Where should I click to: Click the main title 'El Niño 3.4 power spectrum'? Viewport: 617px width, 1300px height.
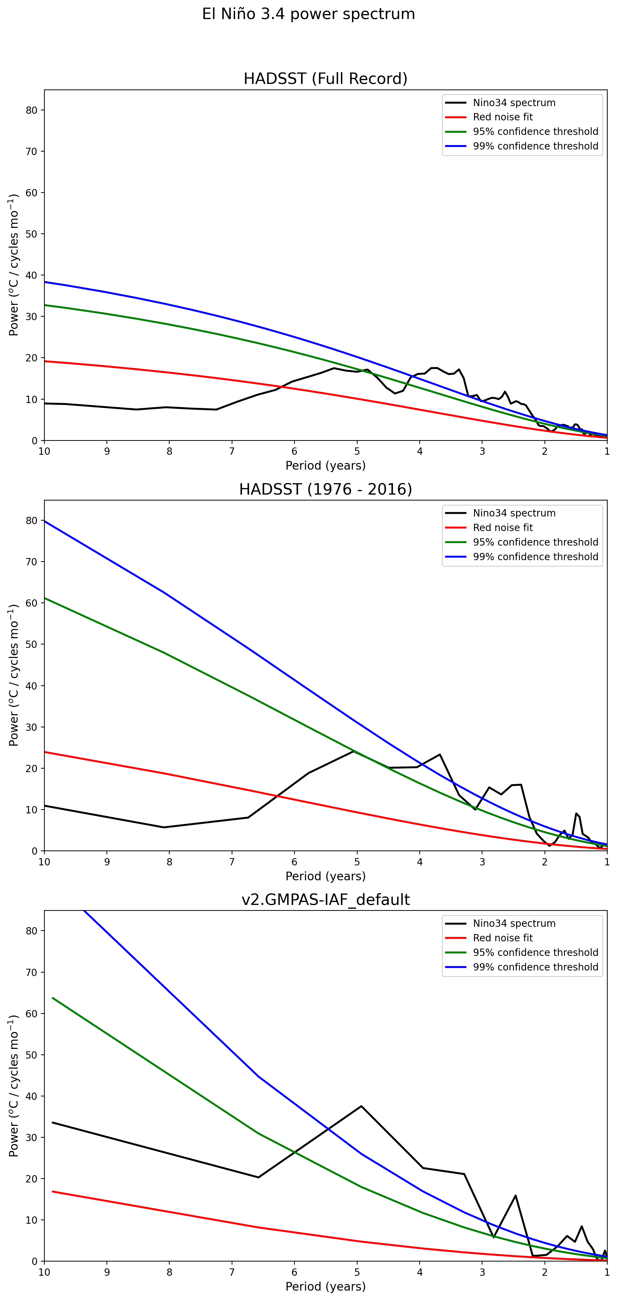[x=308, y=14]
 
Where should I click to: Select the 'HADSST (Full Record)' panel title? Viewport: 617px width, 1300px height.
[x=325, y=79]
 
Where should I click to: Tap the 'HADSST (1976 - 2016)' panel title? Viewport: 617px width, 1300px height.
[x=325, y=489]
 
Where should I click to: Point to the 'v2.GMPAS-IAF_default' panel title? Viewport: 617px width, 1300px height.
[x=325, y=899]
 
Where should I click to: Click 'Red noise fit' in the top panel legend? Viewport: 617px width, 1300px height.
[x=503, y=117]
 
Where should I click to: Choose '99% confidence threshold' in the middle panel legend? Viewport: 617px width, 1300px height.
[x=535, y=557]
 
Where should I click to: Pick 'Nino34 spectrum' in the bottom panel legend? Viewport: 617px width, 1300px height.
[x=514, y=924]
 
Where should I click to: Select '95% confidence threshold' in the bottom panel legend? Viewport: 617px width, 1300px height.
[x=535, y=952]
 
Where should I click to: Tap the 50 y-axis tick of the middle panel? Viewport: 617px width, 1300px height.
[x=32, y=644]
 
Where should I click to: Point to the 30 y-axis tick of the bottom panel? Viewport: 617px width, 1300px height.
[x=32, y=1138]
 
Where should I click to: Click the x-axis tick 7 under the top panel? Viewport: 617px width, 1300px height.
[x=232, y=451]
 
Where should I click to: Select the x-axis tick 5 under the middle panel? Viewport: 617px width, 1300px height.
[x=357, y=862]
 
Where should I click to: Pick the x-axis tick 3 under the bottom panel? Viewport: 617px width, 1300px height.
[x=482, y=1272]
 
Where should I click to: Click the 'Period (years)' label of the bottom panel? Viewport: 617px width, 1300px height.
[x=325, y=1286]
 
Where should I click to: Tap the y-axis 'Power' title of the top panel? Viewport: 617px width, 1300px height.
[x=14, y=265]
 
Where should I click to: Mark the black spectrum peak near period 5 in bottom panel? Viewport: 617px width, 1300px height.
[x=361, y=1106]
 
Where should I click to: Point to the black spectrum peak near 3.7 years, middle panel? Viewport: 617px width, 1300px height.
[x=440, y=754]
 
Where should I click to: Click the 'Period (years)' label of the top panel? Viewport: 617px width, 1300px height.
[x=325, y=465]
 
